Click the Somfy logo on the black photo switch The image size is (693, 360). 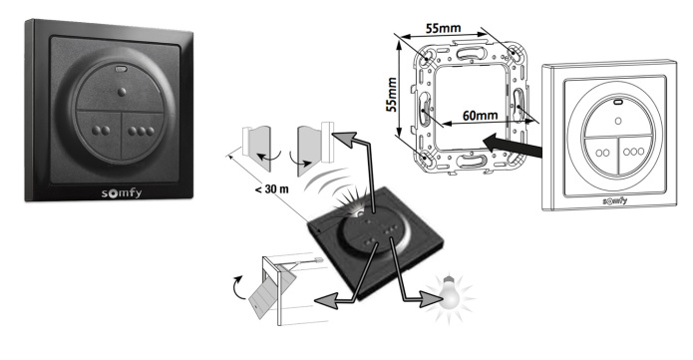pos(122,193)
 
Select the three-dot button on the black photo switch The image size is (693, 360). pos(143,133)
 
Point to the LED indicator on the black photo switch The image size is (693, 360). pos(121,69)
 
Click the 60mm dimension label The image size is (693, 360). pos(480,116)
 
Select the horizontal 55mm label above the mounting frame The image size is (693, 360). pos(444,28)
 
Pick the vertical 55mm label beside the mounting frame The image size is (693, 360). pos(392,94)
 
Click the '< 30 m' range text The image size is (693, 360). pos(272,189)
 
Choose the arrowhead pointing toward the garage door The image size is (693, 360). pos(324,301)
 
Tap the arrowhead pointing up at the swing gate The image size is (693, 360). pos(345,139)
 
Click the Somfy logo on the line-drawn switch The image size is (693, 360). pos(615,200)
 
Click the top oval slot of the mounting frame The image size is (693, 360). pos(471,54)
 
